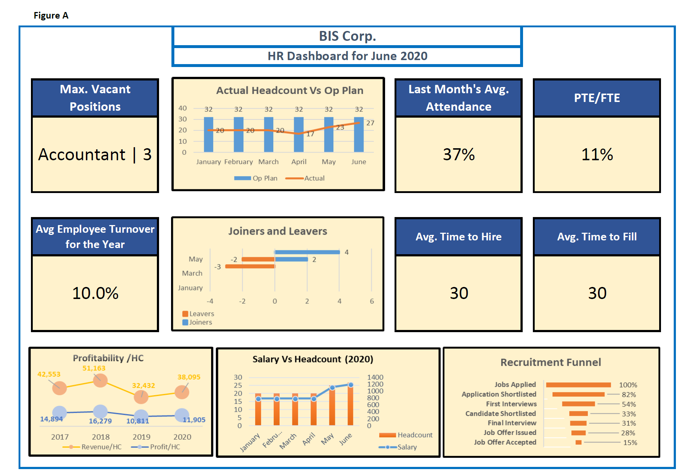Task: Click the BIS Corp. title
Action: pos(347,36)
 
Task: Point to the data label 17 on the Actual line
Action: pos(310,134)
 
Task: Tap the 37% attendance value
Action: pos(459,154)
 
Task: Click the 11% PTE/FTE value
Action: pos(597,154)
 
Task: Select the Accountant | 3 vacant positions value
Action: pos(95,154)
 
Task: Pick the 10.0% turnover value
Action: pos(95,293)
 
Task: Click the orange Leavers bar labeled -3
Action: pos(250,267)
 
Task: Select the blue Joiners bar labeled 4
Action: pos(307,252)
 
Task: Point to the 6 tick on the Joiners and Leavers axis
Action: pos(372,301)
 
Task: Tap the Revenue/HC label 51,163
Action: pos(94,368)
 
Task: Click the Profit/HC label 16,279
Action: pos(100,421)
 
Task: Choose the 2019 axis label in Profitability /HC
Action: pos(141,437)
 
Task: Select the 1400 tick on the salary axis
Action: pos(375,377)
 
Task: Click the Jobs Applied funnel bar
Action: pos(578,385)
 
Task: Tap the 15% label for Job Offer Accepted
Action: pos(630,442)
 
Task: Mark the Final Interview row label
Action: pos(512,423)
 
